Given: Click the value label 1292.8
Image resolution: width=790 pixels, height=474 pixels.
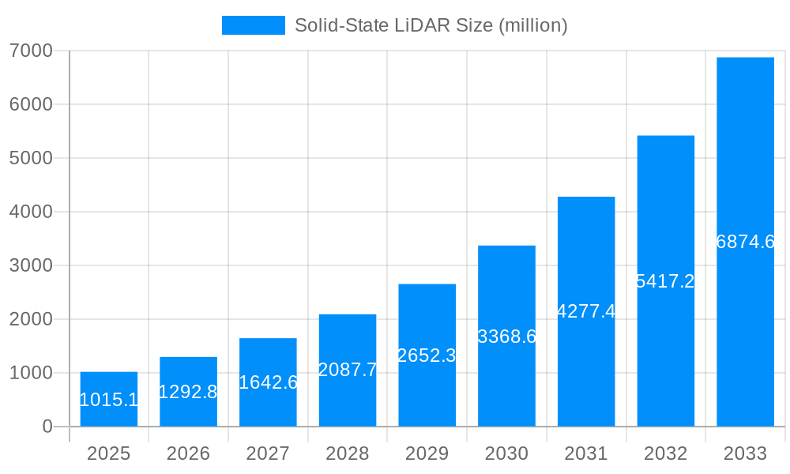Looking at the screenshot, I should [x=188, y=392].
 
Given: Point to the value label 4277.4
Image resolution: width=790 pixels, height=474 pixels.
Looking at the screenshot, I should [x=586, y=311].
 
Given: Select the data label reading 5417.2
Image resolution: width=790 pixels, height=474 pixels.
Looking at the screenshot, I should [x=665, y=281].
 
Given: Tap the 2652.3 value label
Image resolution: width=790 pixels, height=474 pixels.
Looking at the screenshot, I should [x=427, y=355].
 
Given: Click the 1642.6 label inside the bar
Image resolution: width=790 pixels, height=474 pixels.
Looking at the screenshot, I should [x=268, y=382].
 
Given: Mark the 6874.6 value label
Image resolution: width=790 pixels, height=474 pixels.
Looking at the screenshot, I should [x=745, y=243].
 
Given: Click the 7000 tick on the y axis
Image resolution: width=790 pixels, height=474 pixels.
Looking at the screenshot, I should [x=31, y=51].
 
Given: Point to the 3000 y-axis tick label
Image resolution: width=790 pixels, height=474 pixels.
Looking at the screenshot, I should [x=31, y=265].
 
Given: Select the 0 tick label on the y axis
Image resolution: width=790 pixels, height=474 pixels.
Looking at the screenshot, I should [x=47, y=427].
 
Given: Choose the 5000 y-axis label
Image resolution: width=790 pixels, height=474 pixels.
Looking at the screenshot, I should [x=31, y=158].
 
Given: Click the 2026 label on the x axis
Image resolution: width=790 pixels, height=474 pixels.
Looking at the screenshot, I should [x=188, y=453].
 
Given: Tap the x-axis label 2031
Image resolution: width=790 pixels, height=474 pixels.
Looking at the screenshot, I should [x=586, y=453].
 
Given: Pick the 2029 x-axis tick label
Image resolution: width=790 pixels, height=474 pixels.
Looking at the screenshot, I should [x=427, y=453].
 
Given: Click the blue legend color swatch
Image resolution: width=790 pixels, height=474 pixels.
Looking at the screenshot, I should [x=253, y=25].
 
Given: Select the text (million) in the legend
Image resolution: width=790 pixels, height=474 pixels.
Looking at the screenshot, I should [x=532, y=25].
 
